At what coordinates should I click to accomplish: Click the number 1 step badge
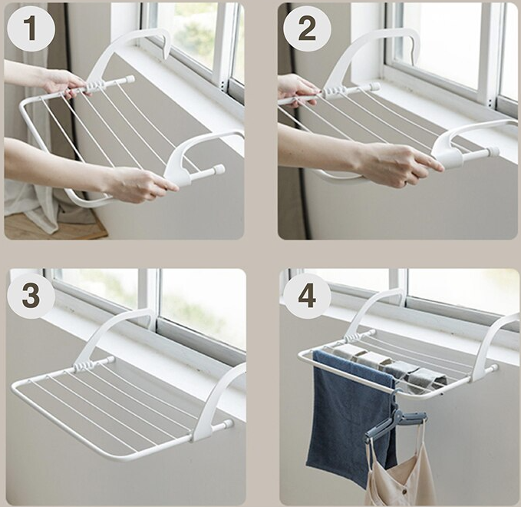pos(30,30)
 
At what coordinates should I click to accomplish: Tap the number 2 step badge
pos(306,30)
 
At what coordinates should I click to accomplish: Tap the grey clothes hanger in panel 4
pos(395,421)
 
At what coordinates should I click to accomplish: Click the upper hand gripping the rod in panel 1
pos(61,81)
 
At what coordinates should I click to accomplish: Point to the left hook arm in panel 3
pos(115,326)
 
